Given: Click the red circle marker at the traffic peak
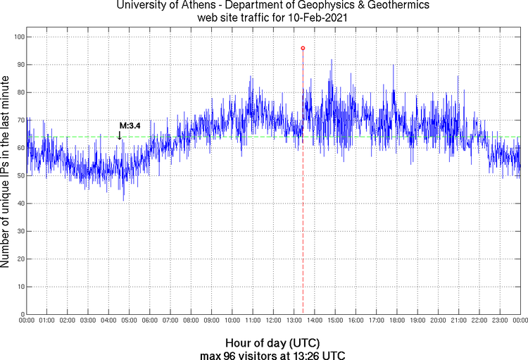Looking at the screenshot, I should (x=303, y=48).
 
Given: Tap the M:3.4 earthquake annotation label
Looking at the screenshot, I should (x=130, y=125).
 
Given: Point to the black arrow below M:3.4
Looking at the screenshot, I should (x=120, y=135).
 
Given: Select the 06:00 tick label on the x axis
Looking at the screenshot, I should (x=150, y=321).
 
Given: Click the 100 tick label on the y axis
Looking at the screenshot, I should (x=18, y=37).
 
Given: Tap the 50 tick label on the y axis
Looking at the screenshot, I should (x=20, y=175).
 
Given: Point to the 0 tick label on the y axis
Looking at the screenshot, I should (x=22, y=314).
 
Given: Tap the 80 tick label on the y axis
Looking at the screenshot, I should (x=20, y=92).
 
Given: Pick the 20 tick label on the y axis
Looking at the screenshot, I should (x=20, y=259).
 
